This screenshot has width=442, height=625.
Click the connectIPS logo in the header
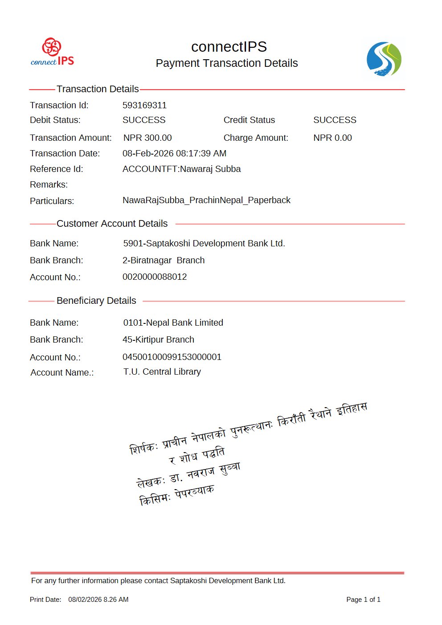(52, 52)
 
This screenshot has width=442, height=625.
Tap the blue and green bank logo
(384, 59)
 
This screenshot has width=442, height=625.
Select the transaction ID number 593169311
(144, 105)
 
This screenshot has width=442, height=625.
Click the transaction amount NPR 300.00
(147, 138)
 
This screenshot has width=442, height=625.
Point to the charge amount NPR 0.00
(332, 138)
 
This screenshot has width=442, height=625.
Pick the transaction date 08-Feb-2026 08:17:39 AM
(174, 153)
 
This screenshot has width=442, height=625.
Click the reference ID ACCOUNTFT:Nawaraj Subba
(181, 169)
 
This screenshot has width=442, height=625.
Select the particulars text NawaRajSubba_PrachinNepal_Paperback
(206, 200)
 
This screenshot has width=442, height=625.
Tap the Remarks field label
(49, 184)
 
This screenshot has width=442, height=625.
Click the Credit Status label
(249, 120)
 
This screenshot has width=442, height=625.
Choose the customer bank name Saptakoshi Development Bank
(204, 243)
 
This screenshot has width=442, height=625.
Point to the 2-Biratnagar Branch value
(164, 260)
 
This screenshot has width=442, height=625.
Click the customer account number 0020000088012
(155, 277)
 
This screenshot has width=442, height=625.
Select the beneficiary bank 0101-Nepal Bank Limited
(173, 323)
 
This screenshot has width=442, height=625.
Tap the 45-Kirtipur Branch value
(158, 339)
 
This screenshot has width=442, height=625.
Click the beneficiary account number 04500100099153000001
(172, 357)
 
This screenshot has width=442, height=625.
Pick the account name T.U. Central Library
(162, 372)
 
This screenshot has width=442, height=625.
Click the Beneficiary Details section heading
(96, 301)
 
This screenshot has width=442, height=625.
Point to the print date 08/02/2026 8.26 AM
(98, 600)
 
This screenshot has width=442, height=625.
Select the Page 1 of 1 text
(363, 600)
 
